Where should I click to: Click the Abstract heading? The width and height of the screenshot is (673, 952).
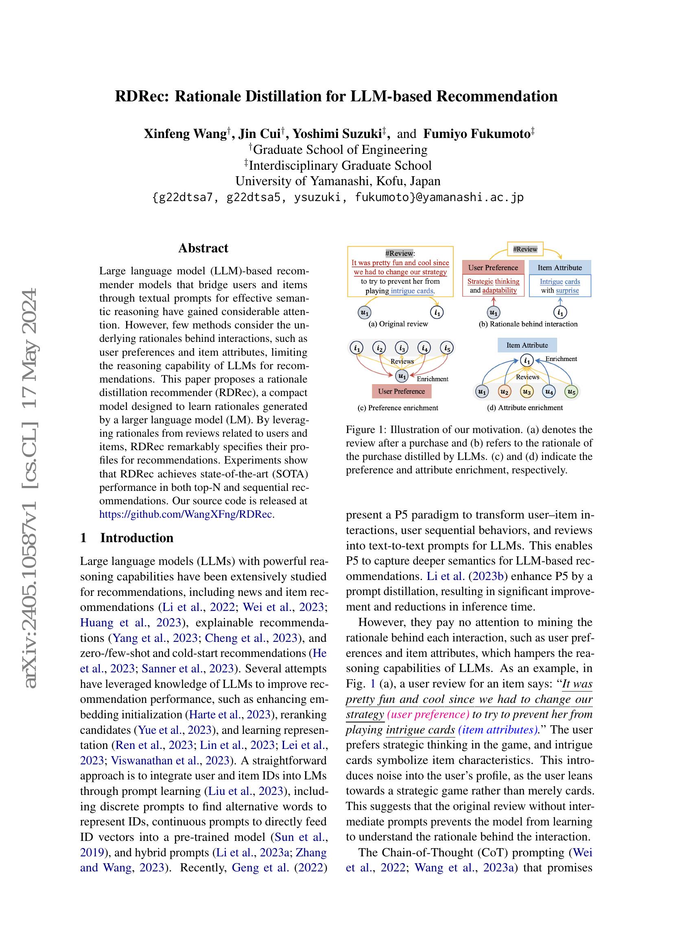[x=203, y=248]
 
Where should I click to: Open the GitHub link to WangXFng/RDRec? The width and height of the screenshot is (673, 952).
[x=186, y=514]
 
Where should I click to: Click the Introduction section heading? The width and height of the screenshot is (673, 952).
[x=136, y=538]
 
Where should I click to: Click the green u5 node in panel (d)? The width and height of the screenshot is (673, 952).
[x=571, y=391]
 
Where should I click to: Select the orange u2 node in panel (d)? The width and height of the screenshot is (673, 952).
[x=504, y=391]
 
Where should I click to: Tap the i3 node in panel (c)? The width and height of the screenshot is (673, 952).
[x=401, y=348]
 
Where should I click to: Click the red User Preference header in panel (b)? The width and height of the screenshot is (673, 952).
[x=493, y=267]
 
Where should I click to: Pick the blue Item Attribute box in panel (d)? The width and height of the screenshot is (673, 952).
[x=527, y=345]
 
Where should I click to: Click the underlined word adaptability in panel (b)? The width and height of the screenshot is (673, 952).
[x=499, y=290]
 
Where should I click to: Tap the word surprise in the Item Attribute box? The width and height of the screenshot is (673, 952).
[x=567, y=290]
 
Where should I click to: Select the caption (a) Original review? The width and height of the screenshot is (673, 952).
[x=398, y=324]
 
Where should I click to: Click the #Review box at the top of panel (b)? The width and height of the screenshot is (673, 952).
[x=525, y=249]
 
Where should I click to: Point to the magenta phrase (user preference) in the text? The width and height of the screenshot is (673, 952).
[x=428, y=714]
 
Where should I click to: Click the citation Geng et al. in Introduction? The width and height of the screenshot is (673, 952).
[x=260, y=867]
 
